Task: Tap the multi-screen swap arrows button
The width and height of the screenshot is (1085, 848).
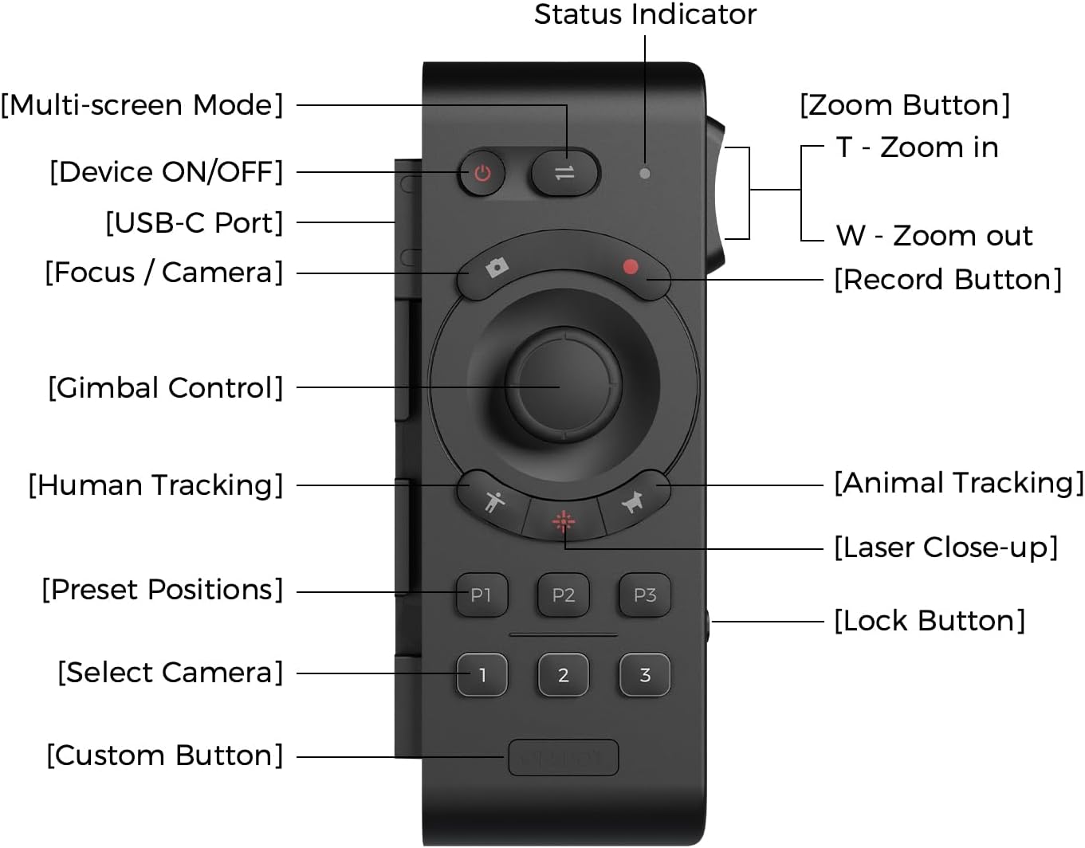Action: (x=564, y=172)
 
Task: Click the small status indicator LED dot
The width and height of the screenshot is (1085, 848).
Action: (x=645, y=173)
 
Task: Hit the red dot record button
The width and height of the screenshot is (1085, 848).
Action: (x=631, y=268)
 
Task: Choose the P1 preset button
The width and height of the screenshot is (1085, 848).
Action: (x=482, y=595)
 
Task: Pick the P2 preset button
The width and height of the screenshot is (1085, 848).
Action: (x=564, y=595)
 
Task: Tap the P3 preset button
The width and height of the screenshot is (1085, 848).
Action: (x=645, y=595)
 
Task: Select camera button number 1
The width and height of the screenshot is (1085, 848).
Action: (x=482, y=676)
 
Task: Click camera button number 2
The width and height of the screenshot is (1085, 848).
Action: (x=564, y=676)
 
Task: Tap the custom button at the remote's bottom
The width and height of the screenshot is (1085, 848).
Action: (x=564, y=757)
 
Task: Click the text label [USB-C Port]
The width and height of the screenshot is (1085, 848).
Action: (x=194, y=223)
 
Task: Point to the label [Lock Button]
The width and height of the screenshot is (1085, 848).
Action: (x=930, y=621)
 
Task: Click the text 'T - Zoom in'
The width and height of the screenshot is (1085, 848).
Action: (x=917, y=147)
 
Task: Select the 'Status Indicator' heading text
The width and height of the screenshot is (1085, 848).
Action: (x=645, y=14)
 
